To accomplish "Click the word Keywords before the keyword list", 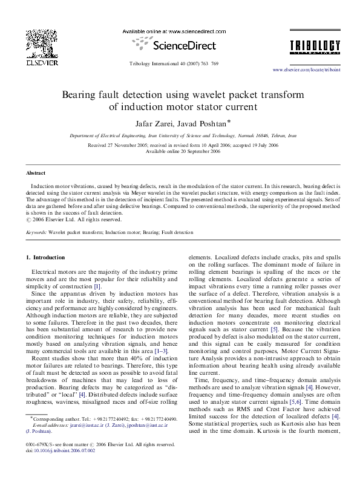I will point(36,232).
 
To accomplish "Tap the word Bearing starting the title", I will point(82,95).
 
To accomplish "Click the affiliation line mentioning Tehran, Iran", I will point(182,137).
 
